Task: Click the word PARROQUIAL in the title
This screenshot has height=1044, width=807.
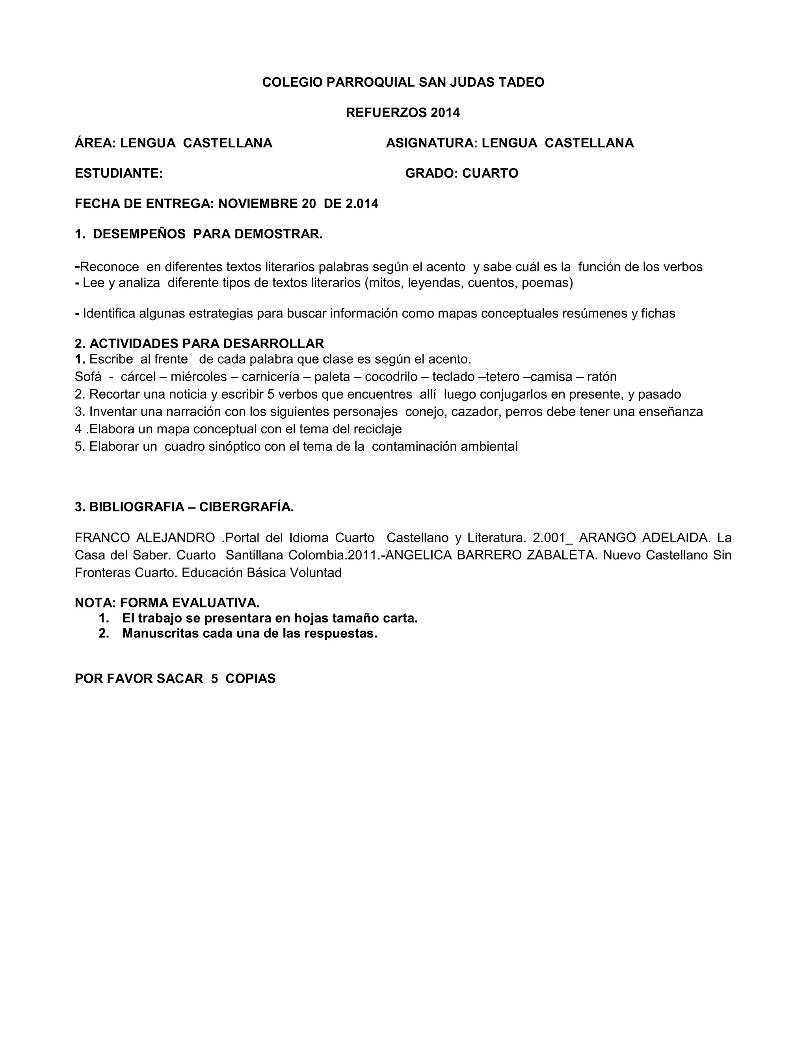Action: [370, 82]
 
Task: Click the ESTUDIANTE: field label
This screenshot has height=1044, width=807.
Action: [119, 173]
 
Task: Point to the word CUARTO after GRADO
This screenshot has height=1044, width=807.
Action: [490, 173]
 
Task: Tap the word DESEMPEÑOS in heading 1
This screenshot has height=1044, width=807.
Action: [139, 234]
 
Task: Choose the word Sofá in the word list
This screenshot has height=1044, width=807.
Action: [88, 377]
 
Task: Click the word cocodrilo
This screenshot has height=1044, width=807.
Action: [391, 377]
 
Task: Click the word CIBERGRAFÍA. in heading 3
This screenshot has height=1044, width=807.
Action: [246, 507]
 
